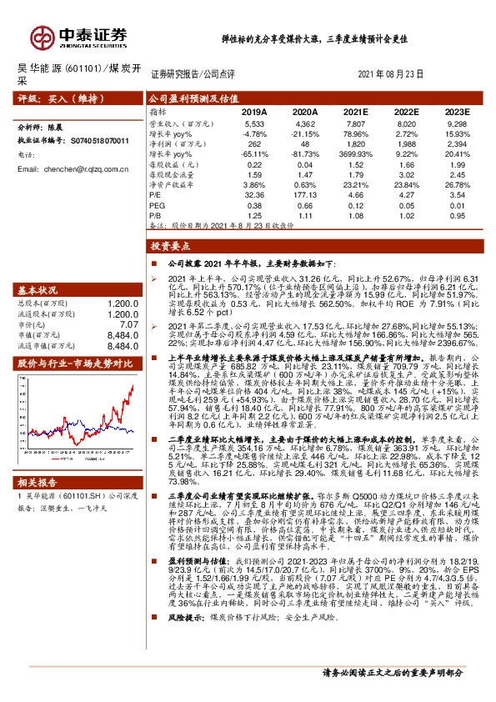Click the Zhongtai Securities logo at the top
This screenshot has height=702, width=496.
80,36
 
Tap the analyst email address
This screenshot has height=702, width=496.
73,168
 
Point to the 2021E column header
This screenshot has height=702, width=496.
356,111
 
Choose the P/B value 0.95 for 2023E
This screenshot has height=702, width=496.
457,214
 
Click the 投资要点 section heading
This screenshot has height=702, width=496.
170,247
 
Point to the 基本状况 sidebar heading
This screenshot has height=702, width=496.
38,290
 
